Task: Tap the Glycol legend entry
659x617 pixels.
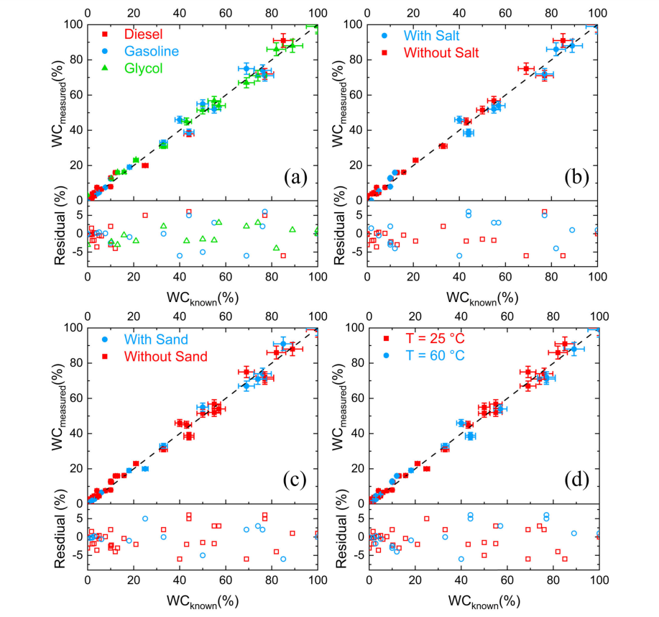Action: (x=143, y=68)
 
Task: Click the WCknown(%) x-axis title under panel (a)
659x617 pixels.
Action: (x=203, y=297)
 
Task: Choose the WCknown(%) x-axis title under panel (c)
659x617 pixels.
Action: (x=203, y=600)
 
